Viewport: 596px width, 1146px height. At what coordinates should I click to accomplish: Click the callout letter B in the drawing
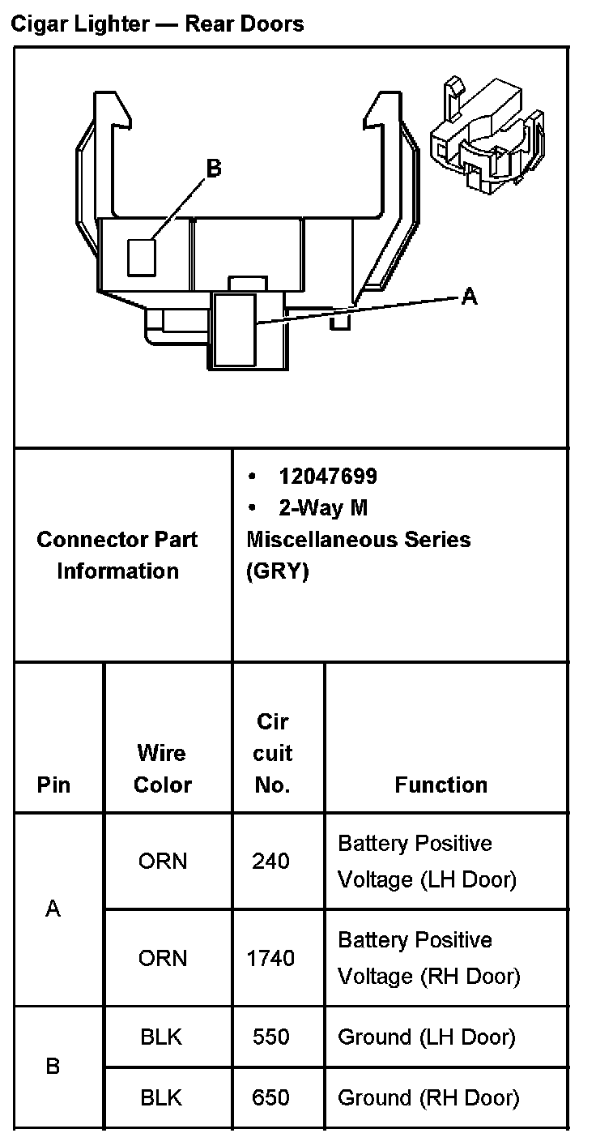213,169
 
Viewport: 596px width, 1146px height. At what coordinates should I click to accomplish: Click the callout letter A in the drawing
469,297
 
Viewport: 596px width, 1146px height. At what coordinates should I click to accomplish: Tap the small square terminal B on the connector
142,257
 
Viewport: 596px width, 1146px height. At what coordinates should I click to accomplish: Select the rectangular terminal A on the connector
235,328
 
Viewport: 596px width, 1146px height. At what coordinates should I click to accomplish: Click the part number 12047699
327,476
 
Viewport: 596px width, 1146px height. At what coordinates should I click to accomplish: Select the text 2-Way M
322,507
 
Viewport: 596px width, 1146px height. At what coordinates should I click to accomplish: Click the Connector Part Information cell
117,555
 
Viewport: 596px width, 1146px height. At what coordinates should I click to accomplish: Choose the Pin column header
53,785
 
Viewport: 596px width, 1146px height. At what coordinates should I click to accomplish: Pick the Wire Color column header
162,768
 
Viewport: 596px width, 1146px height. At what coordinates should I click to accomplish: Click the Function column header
441,785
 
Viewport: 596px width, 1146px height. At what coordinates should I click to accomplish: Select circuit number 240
270,861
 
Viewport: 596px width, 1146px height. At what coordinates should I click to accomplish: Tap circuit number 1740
270,958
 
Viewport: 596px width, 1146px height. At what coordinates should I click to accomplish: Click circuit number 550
270,1037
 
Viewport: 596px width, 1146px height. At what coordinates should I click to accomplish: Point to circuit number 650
270,1097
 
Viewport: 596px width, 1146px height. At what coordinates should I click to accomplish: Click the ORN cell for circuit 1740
162,958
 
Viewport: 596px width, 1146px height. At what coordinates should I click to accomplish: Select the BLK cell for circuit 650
162,1097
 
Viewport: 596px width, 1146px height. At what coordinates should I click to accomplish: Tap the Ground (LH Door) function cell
426,1037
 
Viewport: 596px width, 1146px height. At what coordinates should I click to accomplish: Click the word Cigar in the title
40,24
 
